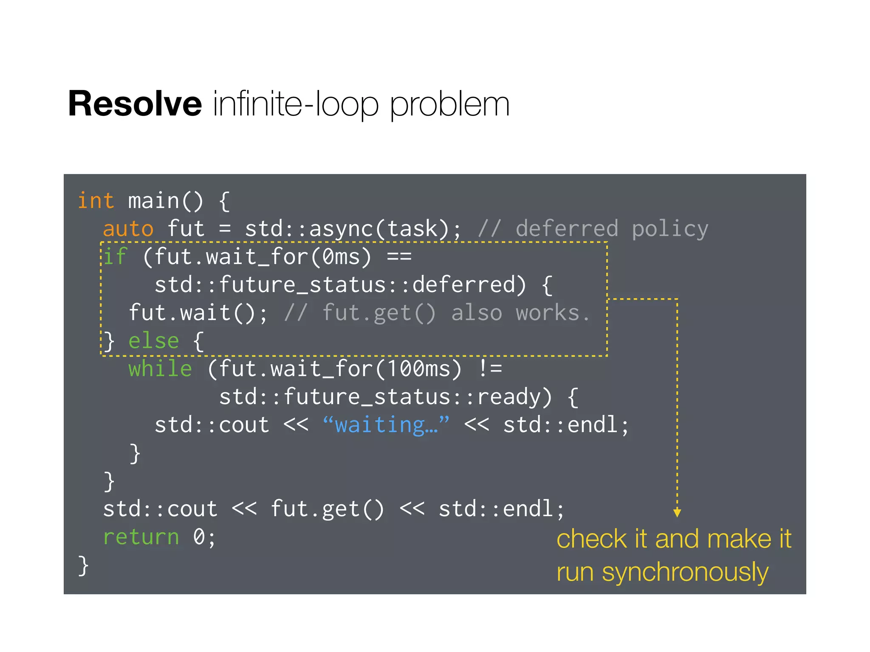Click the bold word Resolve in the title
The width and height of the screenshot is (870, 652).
pos(135,104)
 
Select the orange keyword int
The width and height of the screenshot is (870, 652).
pos(96,201)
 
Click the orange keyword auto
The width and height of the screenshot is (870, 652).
pos(128,229)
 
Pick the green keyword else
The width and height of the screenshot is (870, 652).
pos(154,341)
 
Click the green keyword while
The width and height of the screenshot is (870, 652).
pos(160,369)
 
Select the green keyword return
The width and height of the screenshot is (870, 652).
pos(141,537)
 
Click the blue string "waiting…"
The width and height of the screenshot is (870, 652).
pos(386,425)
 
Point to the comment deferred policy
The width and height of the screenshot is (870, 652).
pos(612,229)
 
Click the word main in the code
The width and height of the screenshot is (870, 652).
pos(154,201)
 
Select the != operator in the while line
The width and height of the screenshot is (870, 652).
pos(490,369)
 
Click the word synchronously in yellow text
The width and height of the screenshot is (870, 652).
pos(685,572)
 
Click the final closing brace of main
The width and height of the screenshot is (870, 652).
pos(83,566)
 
